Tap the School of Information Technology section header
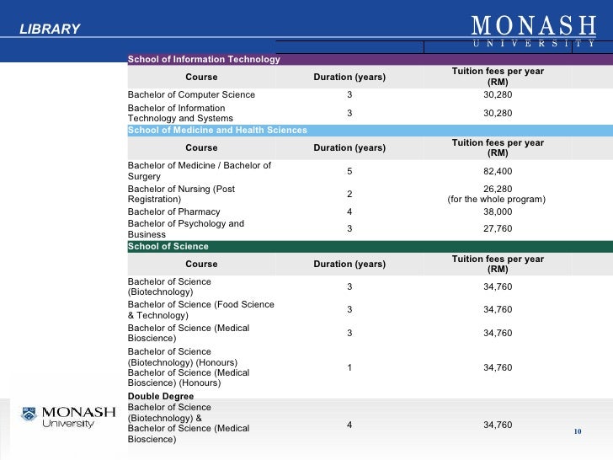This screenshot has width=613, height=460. (x=203, y=59)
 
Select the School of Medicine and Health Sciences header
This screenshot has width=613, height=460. (x=216, y=131)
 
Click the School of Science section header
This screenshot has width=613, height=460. (x=168, y=246)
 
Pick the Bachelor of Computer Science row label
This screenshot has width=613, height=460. (x=190, y=94)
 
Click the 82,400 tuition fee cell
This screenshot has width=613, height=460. (x=498, y=171)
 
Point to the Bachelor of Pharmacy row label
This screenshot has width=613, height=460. (x=173, y=211)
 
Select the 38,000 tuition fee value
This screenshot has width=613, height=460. (x=498, y=211)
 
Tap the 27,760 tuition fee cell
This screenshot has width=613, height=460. (x=498, y=228)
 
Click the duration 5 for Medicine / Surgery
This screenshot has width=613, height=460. (x=349, y=171)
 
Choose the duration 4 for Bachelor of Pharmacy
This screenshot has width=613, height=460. (x=349, y=211)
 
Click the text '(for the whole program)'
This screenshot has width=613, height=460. (x=497, y=199)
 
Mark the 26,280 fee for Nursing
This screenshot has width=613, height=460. (x=498, y=188)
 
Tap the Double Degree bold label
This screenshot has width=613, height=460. (x=160, y=396)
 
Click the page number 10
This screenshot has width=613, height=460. (x=578, y=432)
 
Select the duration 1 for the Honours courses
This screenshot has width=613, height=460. (x=349, y=366)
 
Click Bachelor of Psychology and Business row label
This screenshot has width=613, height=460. (x=185, y=228)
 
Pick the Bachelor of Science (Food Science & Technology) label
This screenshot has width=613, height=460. (x=200, y=309)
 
